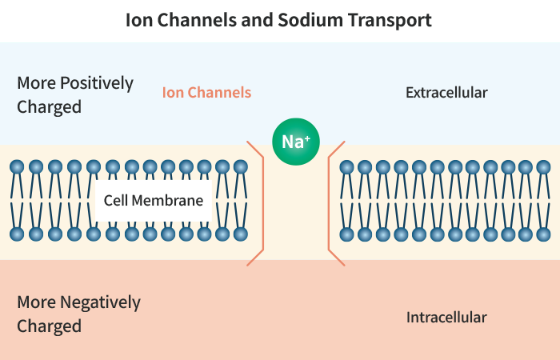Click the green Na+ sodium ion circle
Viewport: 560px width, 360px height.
click(x=296, y=142)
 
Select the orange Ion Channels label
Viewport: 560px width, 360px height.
click(x=206, y=93)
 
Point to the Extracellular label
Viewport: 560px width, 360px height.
click(x=446, y=93)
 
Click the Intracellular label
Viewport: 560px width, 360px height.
click(x=446, y=318)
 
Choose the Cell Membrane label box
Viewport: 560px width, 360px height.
click(x=154, y=201)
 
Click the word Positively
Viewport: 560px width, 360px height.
click(x=96, y=83)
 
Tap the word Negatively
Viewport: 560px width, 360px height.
click(x=100, y=302)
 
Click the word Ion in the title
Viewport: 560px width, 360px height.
click(x=138, y=20)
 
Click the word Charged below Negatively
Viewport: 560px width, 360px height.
click(x=49, y=326)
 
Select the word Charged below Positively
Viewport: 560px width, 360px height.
click(x=49, y=106)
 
